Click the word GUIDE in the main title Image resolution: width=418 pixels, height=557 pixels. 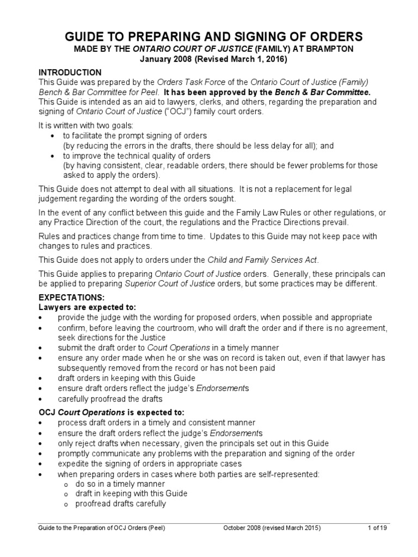(86, 37)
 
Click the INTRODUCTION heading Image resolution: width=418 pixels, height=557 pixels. (70, 72)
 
